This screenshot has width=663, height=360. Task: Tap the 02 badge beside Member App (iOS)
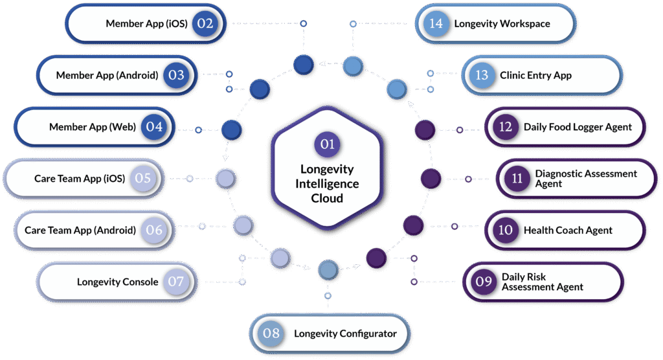(x=205, y=24)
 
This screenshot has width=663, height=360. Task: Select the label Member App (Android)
(x=107, y=75)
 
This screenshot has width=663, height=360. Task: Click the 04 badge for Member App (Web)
(x=154, y=127)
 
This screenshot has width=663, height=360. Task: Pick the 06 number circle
(x=154, y=231)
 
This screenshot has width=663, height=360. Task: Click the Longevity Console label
(x=117, y=282)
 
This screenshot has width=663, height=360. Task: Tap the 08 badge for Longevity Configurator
(x=271, y=333)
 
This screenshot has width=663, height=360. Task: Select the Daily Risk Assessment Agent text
(x=542, y=282)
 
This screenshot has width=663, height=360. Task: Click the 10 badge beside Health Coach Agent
(x=505, y=230)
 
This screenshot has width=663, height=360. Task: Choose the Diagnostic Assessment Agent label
(x=586, y=179)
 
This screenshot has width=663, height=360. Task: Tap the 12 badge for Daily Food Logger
(x=505, y=127)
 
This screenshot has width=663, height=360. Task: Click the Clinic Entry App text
(x=535, y=75)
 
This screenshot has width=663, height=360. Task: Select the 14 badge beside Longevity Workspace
(x=436, y=24)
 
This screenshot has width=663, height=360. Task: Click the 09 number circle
(x=484, y=282)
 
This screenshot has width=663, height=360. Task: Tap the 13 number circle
(x=481, y=75)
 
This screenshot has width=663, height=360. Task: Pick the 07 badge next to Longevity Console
(x=176, y=282)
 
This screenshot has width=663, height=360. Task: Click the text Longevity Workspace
(x=502, y=24)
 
